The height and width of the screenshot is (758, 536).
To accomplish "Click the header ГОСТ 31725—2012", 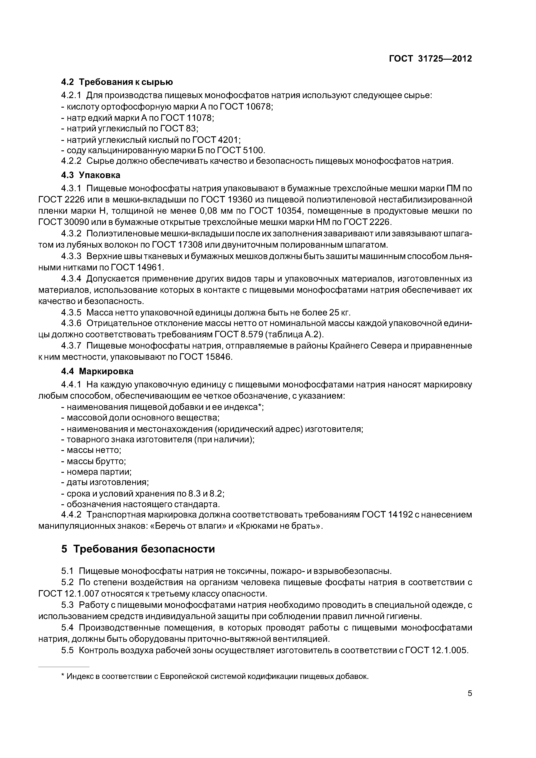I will click(430, 59).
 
